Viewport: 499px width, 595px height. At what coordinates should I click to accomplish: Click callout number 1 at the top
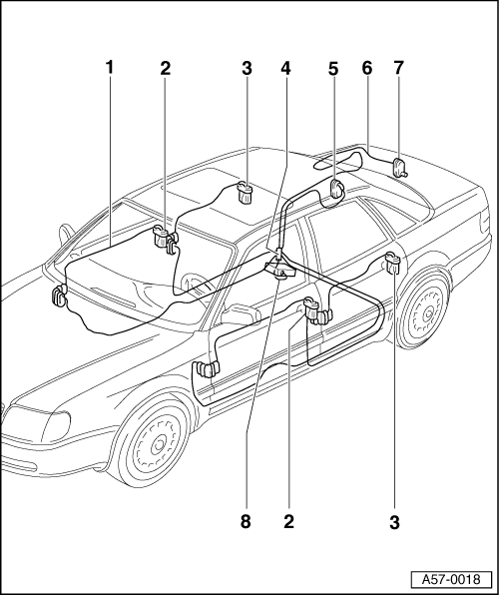pos(110,68)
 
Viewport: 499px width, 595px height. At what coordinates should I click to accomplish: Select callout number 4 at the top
pos(285,68)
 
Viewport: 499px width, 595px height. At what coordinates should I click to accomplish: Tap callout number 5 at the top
pos(332,69)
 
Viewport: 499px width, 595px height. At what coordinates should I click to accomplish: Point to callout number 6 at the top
pos(367,68)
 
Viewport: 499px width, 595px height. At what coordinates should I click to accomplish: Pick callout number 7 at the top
pos(398,68)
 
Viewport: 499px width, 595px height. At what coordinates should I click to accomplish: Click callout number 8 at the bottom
pos(246,521)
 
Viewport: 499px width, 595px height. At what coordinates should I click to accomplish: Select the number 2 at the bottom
pos(288,521)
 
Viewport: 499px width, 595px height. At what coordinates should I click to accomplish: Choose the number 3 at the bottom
pos(394,522)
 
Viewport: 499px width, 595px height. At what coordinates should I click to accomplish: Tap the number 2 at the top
pos(165,68)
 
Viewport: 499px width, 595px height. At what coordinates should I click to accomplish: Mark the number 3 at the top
pos(247,68)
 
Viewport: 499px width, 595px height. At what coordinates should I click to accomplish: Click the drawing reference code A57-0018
pos(451,579)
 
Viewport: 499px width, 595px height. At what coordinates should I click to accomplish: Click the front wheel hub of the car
pos(159,445)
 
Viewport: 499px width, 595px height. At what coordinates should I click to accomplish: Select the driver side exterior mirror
pos(241,313)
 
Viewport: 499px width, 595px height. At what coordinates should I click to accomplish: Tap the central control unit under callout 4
pos(281,269)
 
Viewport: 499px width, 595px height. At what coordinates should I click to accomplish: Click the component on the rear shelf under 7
pos(399,168)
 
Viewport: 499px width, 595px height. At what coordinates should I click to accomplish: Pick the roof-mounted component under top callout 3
pos(245,193)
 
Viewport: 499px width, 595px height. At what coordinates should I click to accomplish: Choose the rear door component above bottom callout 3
pos(393,263)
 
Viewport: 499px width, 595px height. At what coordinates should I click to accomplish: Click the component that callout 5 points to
pos(336,189)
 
